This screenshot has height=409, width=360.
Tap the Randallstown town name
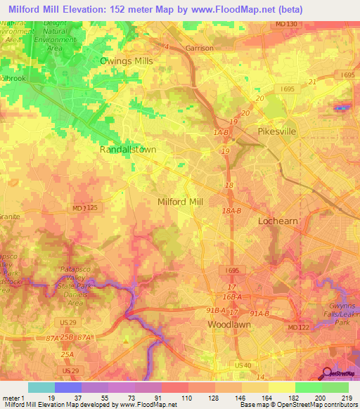pyautogui.click(x=127, y=150)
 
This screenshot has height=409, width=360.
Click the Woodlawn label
pyautogui.click(x=229, y=325)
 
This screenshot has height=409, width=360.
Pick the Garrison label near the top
pyautogui.click(x=198, y=48)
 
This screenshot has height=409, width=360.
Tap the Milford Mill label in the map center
pyautogui.click(x=179, y=202)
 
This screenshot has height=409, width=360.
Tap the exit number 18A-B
pyautogui.click(x=232, y=210)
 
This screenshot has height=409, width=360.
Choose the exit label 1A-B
pyautogui.click(x=222, y=131)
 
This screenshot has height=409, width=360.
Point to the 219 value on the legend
pyautogui.click(x=348, y=398)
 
